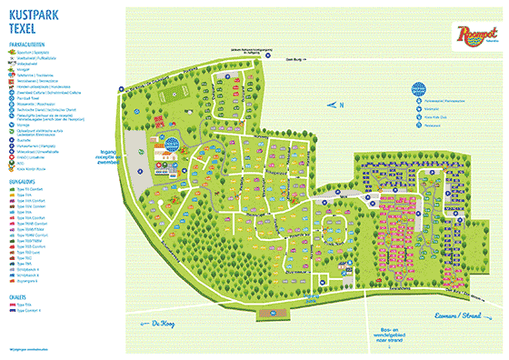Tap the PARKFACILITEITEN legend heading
(29, 43)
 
